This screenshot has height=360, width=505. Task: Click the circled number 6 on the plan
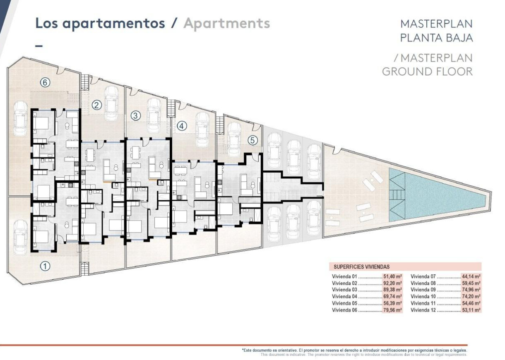coord(45,83)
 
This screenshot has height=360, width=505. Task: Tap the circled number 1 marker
coord(45,266)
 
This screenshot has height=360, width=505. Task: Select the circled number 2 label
coord(97,105)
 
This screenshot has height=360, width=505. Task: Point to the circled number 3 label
coord(135,116)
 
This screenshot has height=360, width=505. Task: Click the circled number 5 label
coord(253,140)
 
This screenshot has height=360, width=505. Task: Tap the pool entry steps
coord(397,194)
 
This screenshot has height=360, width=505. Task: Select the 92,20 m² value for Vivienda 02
coord(392,283)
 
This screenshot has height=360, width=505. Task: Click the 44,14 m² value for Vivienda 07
coord(471,277)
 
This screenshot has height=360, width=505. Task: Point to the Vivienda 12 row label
coord(424,310)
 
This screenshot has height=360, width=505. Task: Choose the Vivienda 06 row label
coord(345,310)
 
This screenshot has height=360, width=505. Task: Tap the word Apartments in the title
coord(226,24)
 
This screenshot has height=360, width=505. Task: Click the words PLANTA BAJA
coord(436,38)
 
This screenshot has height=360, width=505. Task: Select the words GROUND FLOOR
coord(427,71)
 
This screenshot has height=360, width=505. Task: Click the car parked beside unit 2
coord(112,103)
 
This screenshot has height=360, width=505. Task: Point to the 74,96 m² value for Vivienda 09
coord(471,290)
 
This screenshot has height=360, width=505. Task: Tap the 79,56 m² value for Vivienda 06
coord(392,310)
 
